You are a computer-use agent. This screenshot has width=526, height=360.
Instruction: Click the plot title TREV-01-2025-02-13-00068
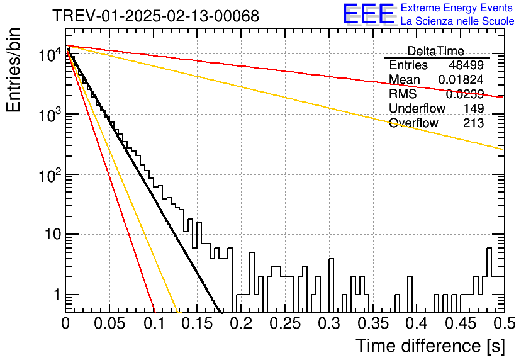pos(156,16)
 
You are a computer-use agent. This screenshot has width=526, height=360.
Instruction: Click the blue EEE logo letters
pos(368,14)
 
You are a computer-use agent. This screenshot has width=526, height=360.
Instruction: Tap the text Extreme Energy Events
pos(457,8)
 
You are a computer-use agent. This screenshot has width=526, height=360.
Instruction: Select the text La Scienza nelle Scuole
pos(457,21)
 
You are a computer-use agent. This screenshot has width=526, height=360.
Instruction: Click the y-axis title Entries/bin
pos(13,70)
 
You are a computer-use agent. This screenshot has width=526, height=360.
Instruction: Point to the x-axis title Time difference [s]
pos(430,346)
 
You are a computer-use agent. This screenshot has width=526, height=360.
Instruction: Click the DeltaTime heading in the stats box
pos(436,51)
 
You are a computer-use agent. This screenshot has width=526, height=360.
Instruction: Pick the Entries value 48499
pos(466,65)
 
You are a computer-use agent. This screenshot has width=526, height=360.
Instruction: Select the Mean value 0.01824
pos(461,79)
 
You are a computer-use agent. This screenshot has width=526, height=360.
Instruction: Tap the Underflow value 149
pos(474,108)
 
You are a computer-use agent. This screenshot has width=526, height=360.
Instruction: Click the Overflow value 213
pos(474,123)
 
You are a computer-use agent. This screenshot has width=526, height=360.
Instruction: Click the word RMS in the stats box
pos(403,94)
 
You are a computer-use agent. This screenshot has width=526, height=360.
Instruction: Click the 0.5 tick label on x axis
pos(504,323)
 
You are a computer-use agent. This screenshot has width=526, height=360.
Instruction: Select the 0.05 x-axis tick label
pos(109,323)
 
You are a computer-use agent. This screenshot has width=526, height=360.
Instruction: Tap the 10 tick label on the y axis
pos(53,235)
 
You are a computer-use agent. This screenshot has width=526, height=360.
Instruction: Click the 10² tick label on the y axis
pos(50,174)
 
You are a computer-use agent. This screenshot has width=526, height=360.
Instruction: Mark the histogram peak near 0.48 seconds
pos(489,248)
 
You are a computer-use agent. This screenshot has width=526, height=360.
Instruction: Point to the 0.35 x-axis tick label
pos(373,323)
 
